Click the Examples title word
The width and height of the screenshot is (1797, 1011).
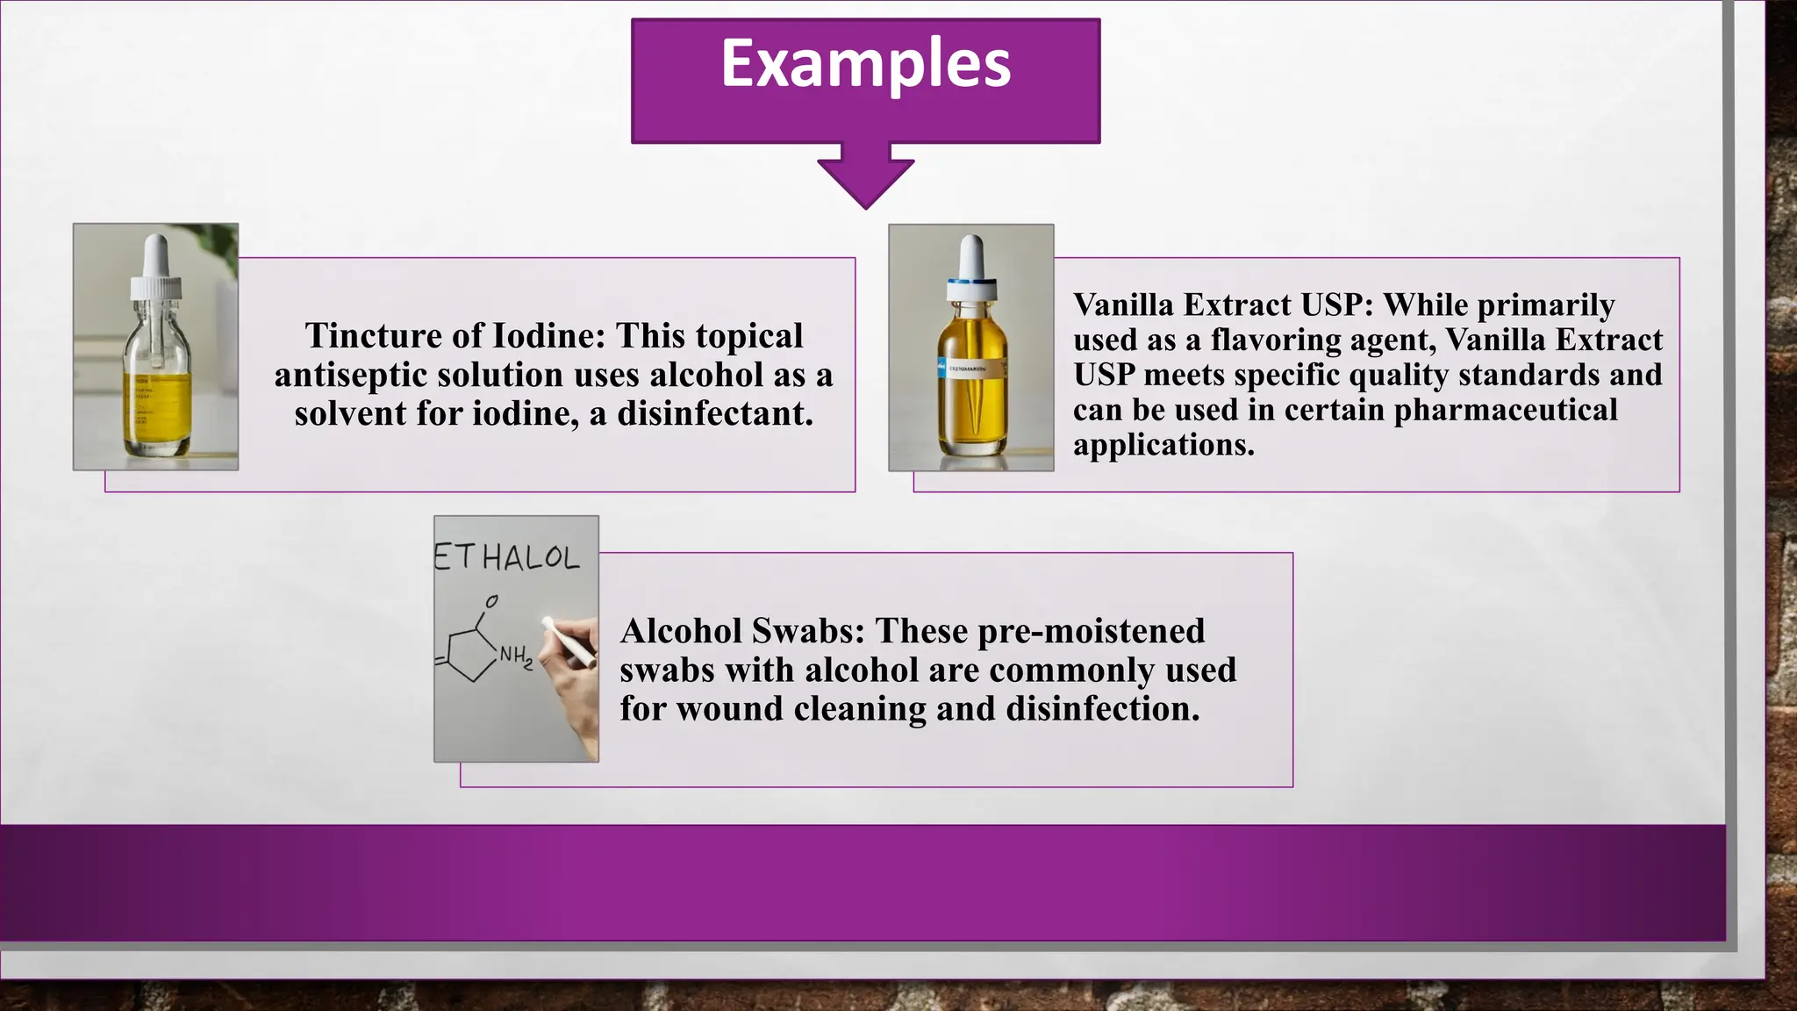coord(865,64)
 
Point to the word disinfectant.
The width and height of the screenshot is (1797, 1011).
coord(714,414)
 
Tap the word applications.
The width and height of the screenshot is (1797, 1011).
coord(1163,445)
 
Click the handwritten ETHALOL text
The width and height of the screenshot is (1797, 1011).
coord(507,557)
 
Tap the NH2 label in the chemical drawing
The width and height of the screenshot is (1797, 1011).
coord(516,656)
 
